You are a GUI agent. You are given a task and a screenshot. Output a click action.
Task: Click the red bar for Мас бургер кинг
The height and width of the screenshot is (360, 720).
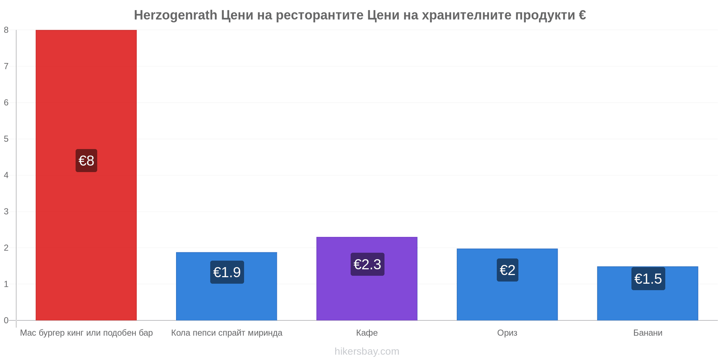point(86,175)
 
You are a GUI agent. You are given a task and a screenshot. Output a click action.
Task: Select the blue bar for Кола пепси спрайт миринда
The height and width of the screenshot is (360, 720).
point(226,286)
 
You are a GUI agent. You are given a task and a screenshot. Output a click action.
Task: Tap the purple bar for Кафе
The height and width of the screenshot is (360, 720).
point(367,279)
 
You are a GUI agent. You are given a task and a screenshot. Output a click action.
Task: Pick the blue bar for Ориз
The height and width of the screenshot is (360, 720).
point(507,284)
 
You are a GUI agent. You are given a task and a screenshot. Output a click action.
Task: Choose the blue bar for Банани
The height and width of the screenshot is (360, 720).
point(648,293)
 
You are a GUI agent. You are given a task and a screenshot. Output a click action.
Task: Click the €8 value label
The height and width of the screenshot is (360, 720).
point(86,161)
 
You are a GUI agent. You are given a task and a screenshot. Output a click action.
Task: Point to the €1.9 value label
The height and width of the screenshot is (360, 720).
point(227,272)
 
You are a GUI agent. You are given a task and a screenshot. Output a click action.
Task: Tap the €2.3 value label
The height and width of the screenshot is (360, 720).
point(368,264)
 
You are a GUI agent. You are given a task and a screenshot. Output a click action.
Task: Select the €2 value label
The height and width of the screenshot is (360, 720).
point(508,270)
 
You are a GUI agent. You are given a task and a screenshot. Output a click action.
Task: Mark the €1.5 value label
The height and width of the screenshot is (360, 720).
point(648,279)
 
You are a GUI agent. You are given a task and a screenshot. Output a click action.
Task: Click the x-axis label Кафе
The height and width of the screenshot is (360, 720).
point(367,333)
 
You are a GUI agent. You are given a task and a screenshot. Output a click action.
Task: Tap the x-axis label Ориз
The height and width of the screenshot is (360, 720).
point(507,333)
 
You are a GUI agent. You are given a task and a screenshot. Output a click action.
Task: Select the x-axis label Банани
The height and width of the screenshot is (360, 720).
point(648,333)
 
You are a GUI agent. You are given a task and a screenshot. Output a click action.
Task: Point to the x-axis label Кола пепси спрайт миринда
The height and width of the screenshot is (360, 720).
point(227,333)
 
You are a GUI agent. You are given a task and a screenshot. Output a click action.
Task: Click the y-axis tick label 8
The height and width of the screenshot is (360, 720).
point(6,30)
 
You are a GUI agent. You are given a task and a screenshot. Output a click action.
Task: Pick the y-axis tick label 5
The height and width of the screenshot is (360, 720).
point(6,139)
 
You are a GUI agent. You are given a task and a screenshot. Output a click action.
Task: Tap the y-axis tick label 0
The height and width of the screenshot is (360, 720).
point(6,320)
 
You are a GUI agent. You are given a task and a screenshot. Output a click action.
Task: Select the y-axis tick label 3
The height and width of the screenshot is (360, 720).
point(6,211)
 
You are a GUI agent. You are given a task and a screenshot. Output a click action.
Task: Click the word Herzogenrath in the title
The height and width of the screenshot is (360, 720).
point(176,15)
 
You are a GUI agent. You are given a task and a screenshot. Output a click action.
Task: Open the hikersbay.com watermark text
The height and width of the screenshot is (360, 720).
point(367,351)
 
